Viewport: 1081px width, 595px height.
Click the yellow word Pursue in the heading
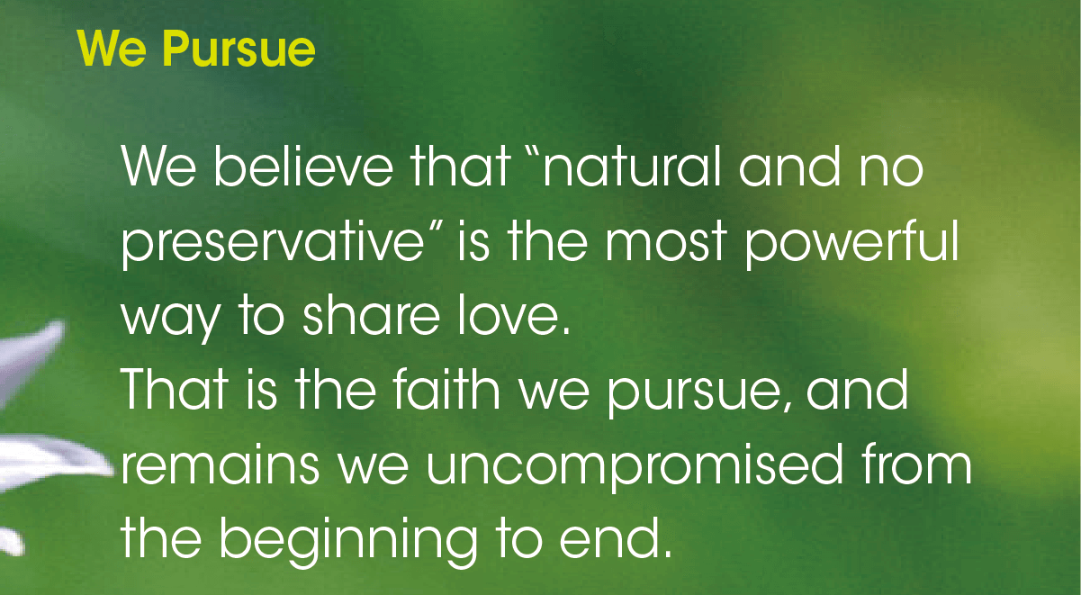(x=239, y=50)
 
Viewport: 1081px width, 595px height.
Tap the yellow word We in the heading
(x=112, y=49)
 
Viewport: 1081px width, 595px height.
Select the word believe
(x=303, y=166)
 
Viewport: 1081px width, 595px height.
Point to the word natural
(x=632, y=166)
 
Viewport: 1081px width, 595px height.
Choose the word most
(x=666, y=241)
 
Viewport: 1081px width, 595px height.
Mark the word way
(x=171, y=319)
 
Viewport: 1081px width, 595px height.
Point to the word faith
(x=446, y=389)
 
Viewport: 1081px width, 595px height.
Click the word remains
(x=220, y=464)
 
